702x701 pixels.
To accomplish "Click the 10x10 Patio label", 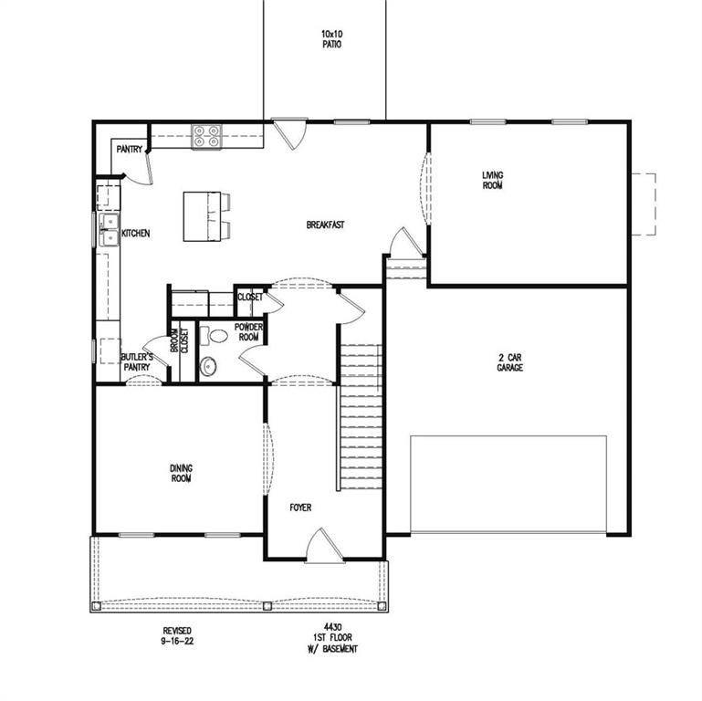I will [x=331, y=39].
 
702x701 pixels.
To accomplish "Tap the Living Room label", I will [x=493, y=180].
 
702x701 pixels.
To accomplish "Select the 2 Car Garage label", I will [x=510, y=362].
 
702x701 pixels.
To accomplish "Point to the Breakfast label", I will [x=324, y=225].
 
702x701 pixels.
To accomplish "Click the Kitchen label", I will [x=136, y=234].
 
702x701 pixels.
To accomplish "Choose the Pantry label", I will [x=129, y=150].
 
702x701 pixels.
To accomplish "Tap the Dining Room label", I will [x=181, y=473].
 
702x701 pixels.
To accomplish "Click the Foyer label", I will [x=301, y=507].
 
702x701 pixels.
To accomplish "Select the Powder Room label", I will [x=248, y=331].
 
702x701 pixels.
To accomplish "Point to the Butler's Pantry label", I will [x=137, y=361].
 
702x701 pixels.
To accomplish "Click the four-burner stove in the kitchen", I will [x=206, y=136].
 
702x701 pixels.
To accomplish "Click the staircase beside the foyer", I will [x=361, y=415].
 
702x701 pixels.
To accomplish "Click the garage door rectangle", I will [x=508, y=484].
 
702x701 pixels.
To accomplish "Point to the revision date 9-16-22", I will [x=178, y=636].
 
